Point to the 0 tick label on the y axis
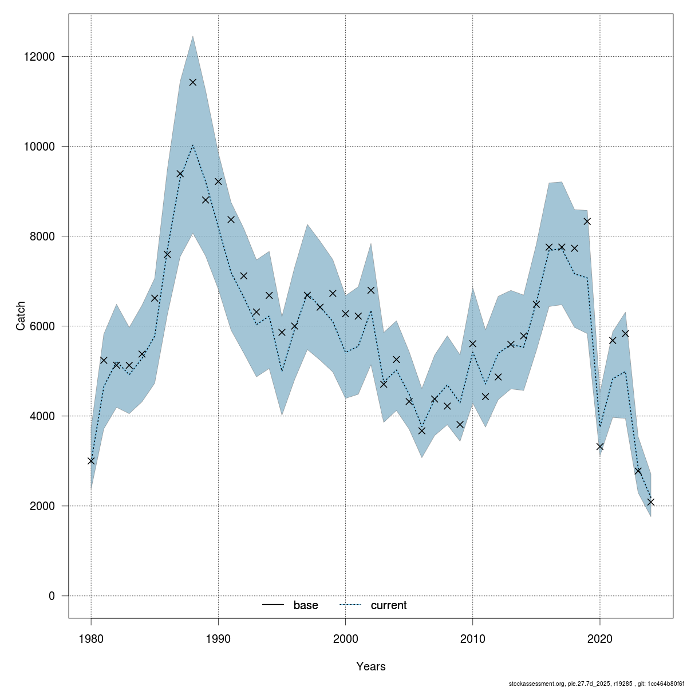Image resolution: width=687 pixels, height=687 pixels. [x=52, y=596]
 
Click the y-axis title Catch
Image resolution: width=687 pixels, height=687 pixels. [x=21, y=316]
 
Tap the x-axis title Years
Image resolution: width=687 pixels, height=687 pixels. [x=370, y=666]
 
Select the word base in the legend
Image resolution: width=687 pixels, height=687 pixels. [x=306, y=606]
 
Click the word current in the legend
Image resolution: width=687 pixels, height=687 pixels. [x=389, y=606]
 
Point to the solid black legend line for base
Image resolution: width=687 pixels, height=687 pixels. [x=274, y=606]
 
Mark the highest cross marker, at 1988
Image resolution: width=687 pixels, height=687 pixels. [x=193, y=82]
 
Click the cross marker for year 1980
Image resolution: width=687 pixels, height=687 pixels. [x=91, y=460]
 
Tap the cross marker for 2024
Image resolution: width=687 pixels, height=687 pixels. [x=650, y=502]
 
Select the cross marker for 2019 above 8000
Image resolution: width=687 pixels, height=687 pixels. [x=587, y=221]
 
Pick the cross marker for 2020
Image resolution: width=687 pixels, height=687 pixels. [x=599, y=447]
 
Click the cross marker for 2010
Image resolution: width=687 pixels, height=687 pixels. [x=472, y=343]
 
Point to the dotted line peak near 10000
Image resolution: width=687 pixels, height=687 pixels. [x=193, y=145]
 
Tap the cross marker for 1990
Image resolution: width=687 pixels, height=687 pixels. [x=218, y=181]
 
